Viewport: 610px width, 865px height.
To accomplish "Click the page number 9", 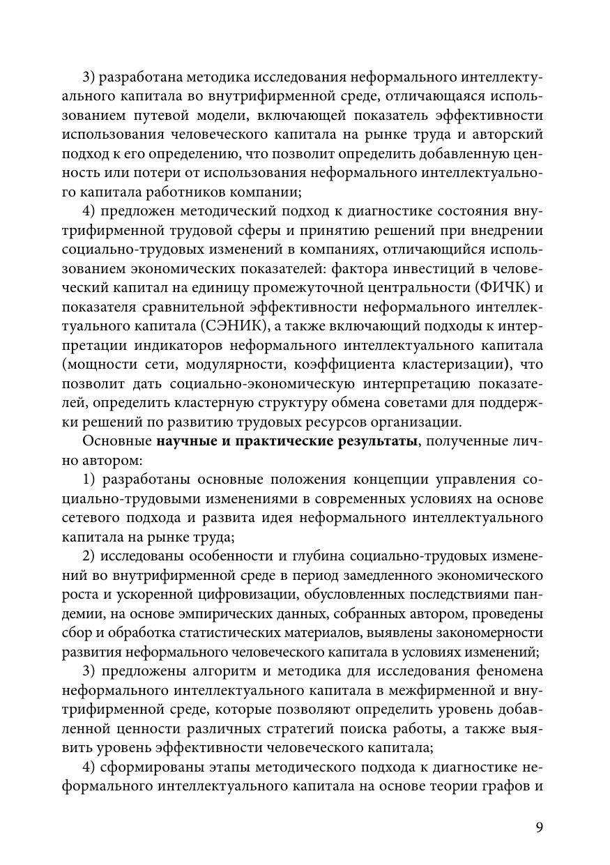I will [x=539, y=827].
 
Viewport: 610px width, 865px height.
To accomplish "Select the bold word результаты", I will [x=368, y=441].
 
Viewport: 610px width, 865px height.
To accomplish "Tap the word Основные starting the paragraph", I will [x=117, y=441].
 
